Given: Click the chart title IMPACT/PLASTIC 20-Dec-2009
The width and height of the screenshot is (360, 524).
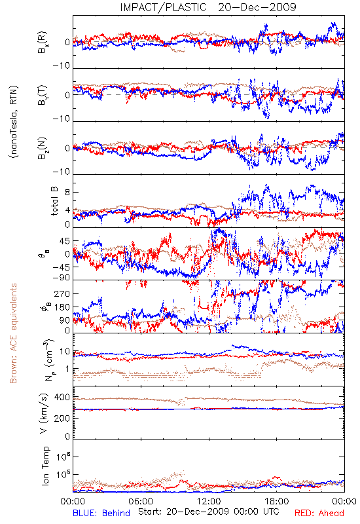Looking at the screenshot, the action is click(x=208, y=7).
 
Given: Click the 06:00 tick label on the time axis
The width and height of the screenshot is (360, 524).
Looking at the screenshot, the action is click(x=141, y=502).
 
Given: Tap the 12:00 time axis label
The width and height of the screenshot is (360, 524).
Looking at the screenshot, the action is click(x=209, y=502).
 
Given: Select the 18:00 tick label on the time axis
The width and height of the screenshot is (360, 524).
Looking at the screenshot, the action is click(x=277, y=502).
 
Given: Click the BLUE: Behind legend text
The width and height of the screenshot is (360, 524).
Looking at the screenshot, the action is click(x=101, y=513).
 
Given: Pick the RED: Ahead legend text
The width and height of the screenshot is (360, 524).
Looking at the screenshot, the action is click(x=319, y=513).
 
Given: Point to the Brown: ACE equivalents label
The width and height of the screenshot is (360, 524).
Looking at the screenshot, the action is click(x=13, y=333).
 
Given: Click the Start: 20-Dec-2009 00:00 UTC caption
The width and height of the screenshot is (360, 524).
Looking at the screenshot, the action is click(x=209, y=512).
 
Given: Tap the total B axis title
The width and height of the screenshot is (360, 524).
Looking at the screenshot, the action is click(x=54, y=201).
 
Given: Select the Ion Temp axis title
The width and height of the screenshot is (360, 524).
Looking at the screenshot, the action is click(x=45, y=466).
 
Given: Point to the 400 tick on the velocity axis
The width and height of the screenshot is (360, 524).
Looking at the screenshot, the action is click(x=62, y=398).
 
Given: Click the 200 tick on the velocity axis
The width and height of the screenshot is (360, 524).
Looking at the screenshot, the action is click(x=62, y=419).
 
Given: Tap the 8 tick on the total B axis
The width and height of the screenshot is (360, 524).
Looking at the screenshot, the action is click(x=67, y=193).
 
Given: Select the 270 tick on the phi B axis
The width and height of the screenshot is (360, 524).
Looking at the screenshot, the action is click(x=62, y=294).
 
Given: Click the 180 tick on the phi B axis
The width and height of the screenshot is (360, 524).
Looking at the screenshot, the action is click(x=62, y=307).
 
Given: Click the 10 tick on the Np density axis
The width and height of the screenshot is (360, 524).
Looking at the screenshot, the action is click(x=65, y=352).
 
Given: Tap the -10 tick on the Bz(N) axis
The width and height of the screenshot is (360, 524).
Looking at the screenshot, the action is click(x=61, y=172).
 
